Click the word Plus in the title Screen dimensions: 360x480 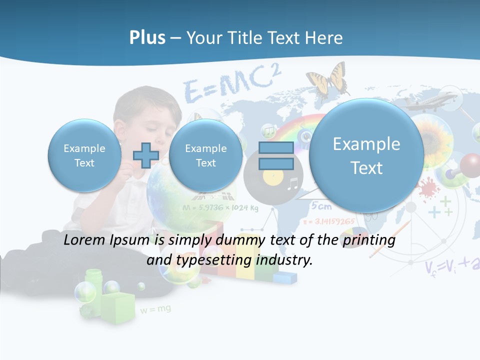click(x=147, y=38)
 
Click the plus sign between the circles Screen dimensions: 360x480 click(x=146, y=155)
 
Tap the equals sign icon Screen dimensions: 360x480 click(x=276, y=155)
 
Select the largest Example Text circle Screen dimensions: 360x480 click(x=366, y=155)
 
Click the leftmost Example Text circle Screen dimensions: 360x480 click(x=84, y=155)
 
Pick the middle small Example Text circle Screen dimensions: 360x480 click(x=205, y=155)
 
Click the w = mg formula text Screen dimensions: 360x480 click(x=155, y=309)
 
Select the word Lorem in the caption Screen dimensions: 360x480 click(x=82, y=240)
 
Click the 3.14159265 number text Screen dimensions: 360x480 click(x=332, y=221)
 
